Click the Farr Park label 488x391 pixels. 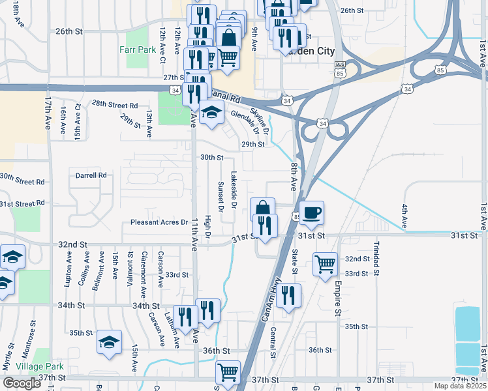click(138, 49)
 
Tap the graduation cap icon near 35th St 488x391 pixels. click(110, 341)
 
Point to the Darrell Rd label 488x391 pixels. click(91, 175)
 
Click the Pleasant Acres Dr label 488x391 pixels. click(159, 222)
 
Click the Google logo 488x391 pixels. click(22, 383)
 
